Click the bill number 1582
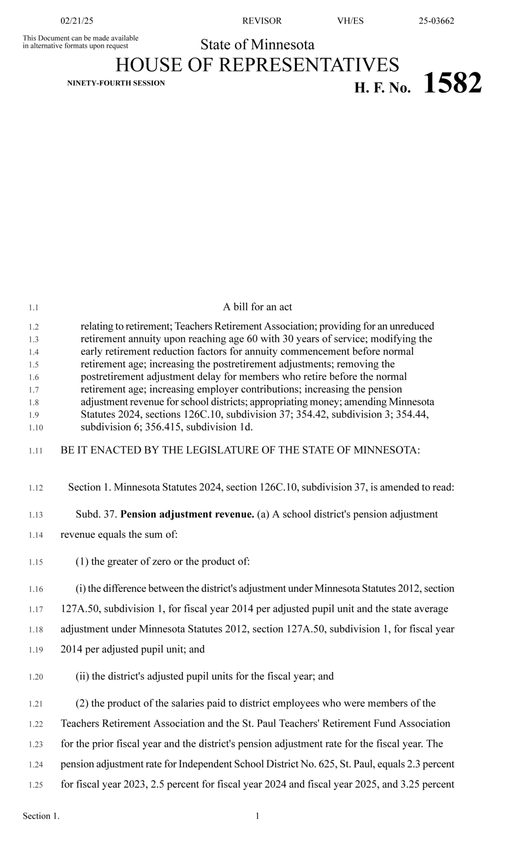click(x=453, y=83)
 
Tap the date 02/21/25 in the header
click(x=76, y=21)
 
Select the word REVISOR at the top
click(x=262, y=21)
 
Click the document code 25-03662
click(x=436, y=21)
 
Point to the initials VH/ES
click(x=350, y=21)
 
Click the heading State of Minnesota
click(x=257, y=45)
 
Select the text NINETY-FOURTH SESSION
click(x=116, y=83)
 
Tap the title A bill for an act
click(x=257, y=307)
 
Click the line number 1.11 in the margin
click(x=35, y=451)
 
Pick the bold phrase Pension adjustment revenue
click(x=187, y=514)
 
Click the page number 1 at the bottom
click(x=257, y=816)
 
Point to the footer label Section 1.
click(x=41, y=816)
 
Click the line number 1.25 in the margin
click(x=35, y=785)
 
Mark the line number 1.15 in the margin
click(x=35, y=563)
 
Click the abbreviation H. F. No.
click(x=383, y=88)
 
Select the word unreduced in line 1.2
click(x=411, y=326)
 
